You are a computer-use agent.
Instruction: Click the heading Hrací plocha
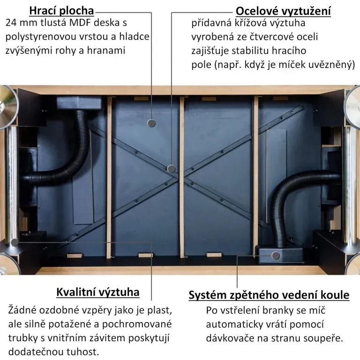61,11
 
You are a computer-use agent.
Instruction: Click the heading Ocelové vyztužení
283,11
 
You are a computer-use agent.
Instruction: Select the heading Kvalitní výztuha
98,292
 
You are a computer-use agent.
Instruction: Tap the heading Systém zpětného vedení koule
269,295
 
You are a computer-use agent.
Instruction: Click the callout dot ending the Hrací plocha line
151,123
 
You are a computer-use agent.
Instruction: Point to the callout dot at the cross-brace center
172,168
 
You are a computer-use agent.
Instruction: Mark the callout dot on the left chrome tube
15,242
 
